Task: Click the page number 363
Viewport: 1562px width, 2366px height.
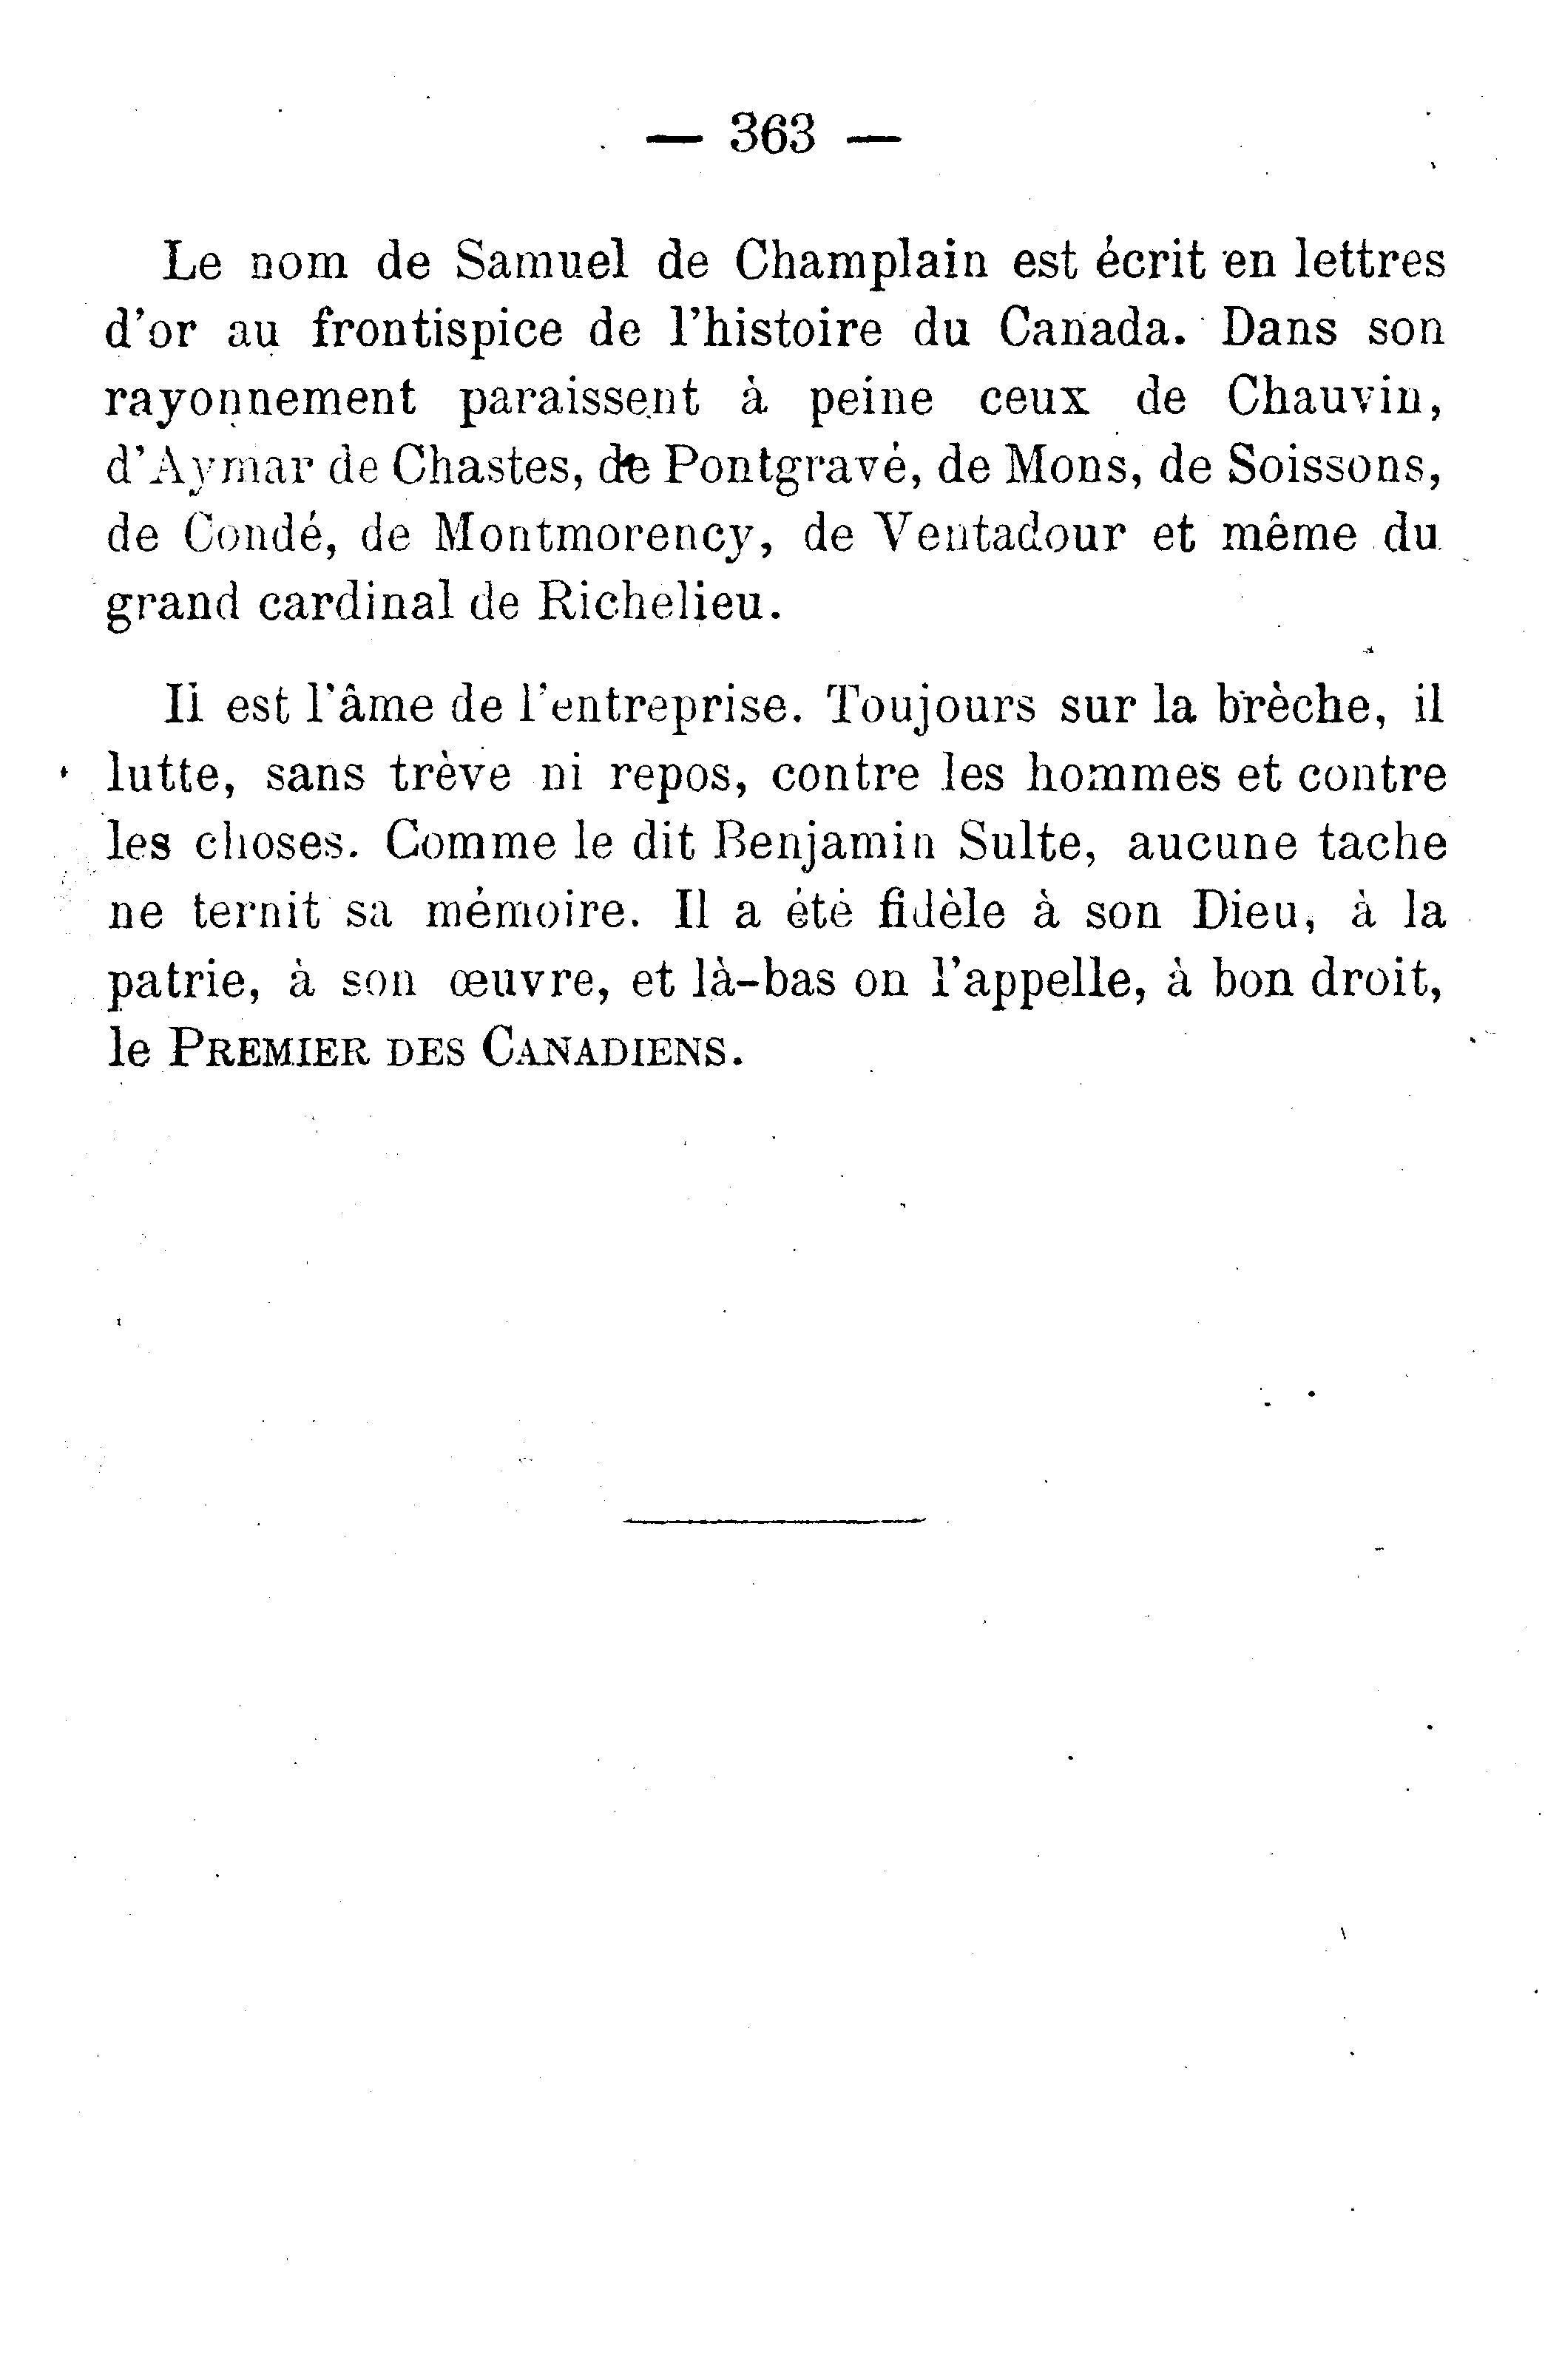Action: (773, 135)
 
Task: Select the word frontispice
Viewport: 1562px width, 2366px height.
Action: (437, 330)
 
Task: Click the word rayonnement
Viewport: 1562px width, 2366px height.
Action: (261, 399)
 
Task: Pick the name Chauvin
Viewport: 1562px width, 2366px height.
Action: (1335, 399)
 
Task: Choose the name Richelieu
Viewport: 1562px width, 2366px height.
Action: (654, 603)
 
